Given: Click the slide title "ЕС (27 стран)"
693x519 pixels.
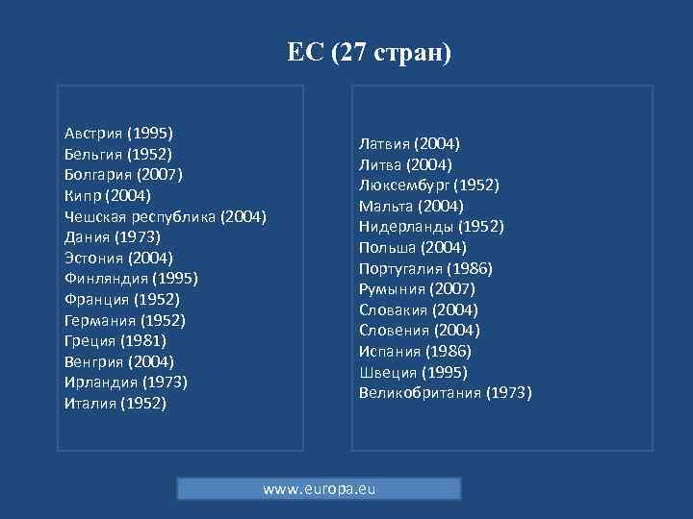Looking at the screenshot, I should coord(369,51).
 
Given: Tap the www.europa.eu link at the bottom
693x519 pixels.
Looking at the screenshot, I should coord(319,489).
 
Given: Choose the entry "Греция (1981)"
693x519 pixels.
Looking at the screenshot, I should coord(115,340).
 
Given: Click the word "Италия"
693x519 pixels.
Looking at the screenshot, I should coord(90,403).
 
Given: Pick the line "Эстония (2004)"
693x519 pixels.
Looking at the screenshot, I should coord(118,258).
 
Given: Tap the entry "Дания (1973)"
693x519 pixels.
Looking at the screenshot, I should coord(112,236).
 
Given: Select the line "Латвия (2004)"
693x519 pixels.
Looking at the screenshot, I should coord(409,144).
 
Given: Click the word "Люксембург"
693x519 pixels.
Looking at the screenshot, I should coord(403,185).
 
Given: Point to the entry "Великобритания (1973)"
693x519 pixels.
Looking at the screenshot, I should coord(445,392).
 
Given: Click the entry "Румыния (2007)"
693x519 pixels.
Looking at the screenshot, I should coord(417,289).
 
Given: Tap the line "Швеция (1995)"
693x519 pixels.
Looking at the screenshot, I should coord(413,372).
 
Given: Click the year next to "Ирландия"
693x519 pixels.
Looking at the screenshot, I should coord(164,382).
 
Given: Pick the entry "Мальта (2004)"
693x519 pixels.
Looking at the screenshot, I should coord(411,206).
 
